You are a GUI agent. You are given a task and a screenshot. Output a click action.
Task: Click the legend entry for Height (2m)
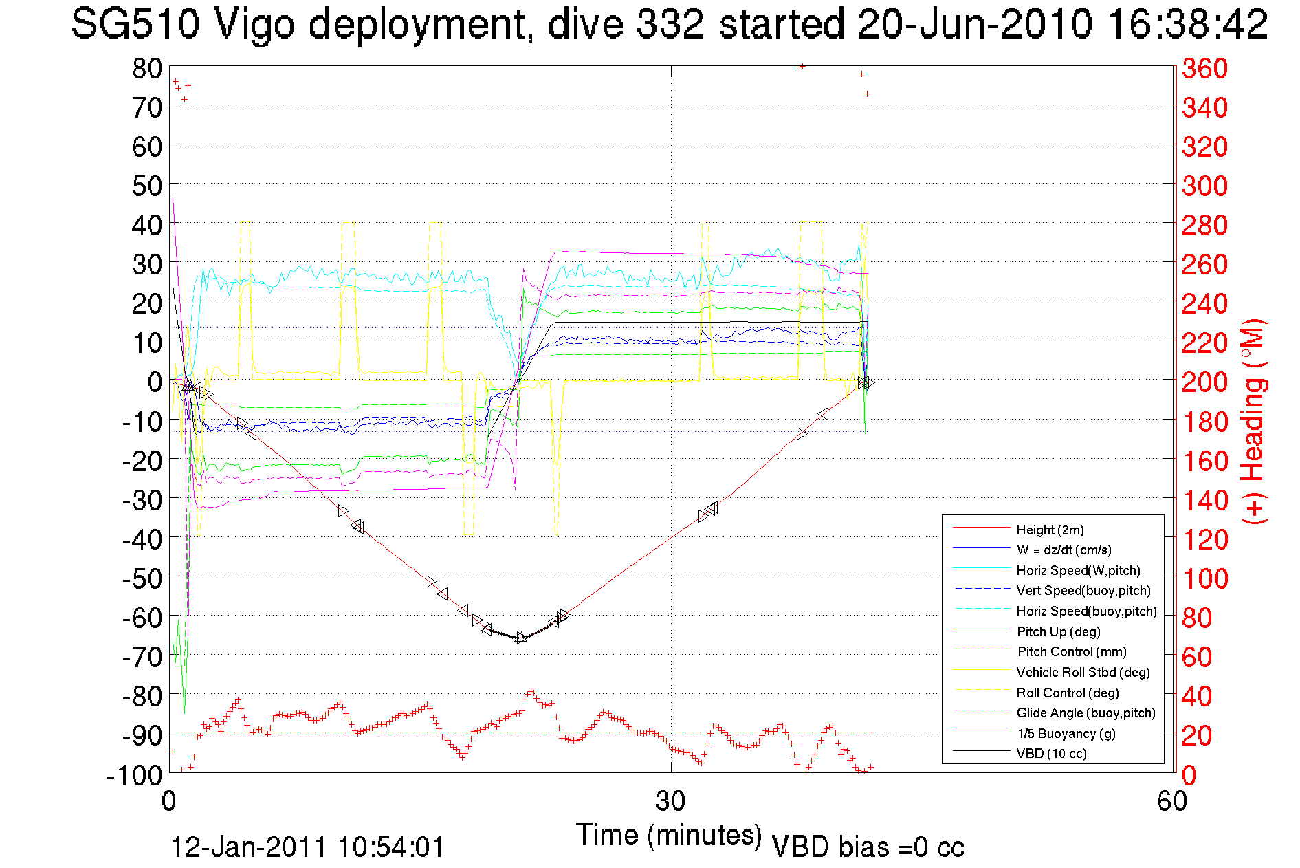pos(1050,530)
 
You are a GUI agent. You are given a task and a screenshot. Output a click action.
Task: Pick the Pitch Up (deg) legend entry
pos(1058,631)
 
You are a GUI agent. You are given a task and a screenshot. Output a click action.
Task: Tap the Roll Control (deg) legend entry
pos(1067,693)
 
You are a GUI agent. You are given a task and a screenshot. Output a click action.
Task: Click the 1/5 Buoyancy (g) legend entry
pos(1066,733)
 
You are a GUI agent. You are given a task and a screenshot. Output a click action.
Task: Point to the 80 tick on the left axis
pos(146,68)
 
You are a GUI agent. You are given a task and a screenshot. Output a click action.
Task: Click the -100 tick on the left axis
pos(134,774)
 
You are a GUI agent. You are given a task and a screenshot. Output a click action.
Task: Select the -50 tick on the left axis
pos(141,578)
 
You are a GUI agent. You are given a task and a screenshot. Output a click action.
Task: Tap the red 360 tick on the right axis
pos(1204,68)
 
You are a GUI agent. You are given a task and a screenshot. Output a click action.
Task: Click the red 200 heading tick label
pos(1204,382)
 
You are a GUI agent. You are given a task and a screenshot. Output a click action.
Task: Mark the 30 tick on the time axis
pos(670,801)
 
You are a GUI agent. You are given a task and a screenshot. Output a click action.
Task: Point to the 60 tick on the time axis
pos(1171,801)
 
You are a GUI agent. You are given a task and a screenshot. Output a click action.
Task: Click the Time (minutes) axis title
pos(669,835)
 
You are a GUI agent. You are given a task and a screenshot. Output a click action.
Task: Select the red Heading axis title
pos(1254,421)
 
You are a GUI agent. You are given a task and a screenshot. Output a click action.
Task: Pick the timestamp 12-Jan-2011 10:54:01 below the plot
pos(307,847)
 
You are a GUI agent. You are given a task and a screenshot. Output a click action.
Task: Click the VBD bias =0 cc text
pos(868,847)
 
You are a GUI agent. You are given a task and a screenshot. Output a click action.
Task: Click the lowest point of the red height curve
pos(520,638)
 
